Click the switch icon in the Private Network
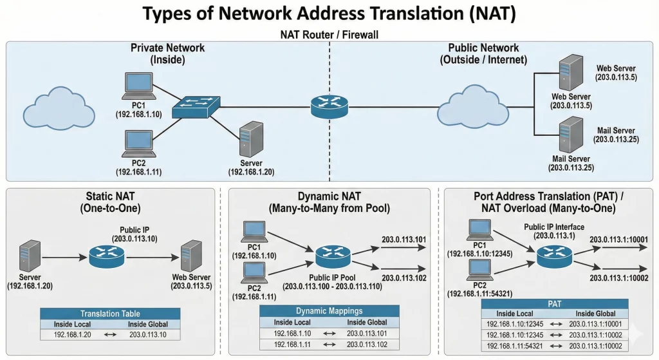pos(196,106)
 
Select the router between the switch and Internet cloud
pos(328,106)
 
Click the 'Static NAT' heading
pos(113,196)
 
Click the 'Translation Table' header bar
pos(110,314)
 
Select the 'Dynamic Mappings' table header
pos(329,311)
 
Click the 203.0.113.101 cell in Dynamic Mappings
pos(367,334)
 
